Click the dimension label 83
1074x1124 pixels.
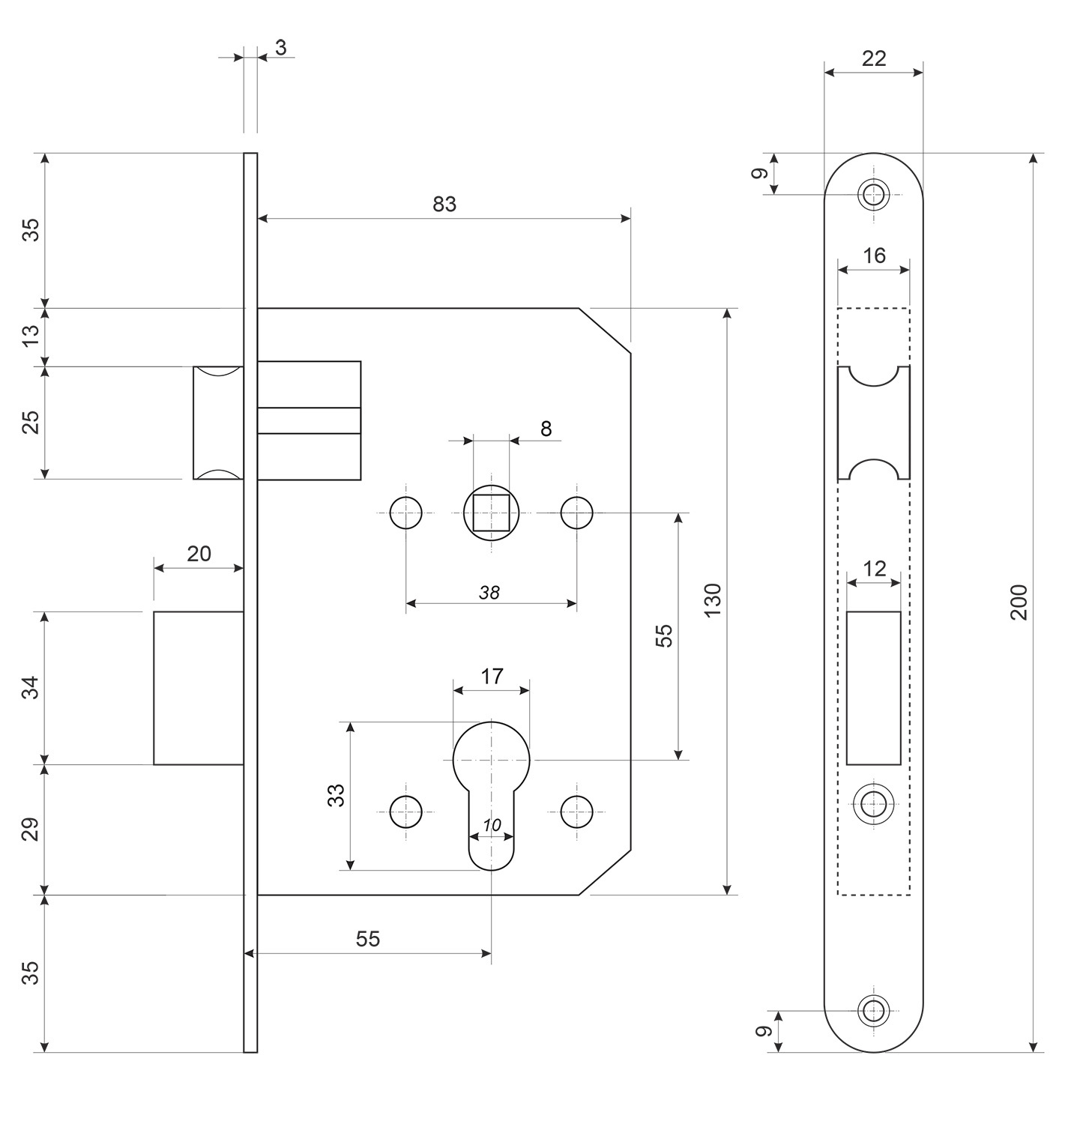click(444, 204)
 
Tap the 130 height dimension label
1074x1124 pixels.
click(712, 599)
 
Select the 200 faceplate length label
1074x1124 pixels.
click(1019, 602)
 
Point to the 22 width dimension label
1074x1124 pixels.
click(873, 58)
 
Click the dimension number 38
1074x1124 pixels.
click(489, 593)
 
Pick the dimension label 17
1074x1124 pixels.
click(491, 677)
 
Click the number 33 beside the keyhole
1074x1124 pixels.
click(336, 794)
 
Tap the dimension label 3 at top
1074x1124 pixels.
click(280, 48)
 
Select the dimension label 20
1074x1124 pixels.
click(199, 554)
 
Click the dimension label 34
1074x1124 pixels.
click(29, 687)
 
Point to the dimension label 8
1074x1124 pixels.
click(546, 429)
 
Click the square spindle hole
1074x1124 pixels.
click(491, 513)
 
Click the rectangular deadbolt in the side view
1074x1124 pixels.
click(199, 688)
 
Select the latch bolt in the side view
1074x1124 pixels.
click(218, 423)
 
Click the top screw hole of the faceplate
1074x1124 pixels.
click(872, 195)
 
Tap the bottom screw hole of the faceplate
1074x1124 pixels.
click(872, 1010)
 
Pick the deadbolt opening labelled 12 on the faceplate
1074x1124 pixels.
click(873, 688)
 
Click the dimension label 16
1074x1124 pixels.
click(874, 256)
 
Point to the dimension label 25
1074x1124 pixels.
click(31, 423)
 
